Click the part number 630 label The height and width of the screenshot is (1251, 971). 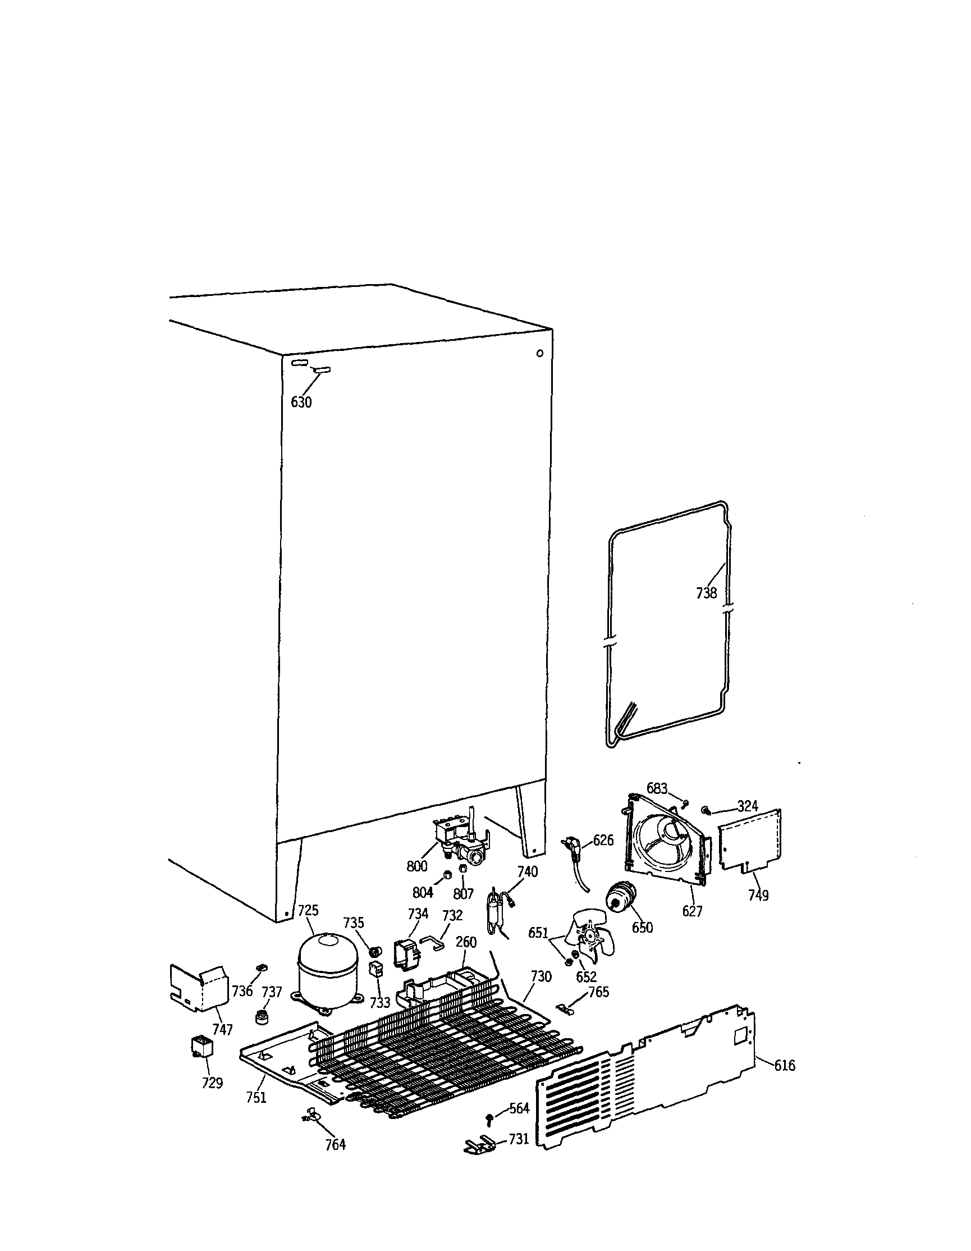tap(301, 403)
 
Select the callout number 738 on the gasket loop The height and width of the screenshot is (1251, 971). tap(706, 593)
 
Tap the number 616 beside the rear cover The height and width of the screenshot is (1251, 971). tap(784, 1065)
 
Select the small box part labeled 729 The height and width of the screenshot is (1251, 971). tap(201, 1047)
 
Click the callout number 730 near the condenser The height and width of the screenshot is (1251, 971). tap(541, 976)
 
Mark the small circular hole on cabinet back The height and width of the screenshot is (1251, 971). tap(539, 353)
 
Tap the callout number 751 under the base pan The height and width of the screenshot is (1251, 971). tap(256, 1098)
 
